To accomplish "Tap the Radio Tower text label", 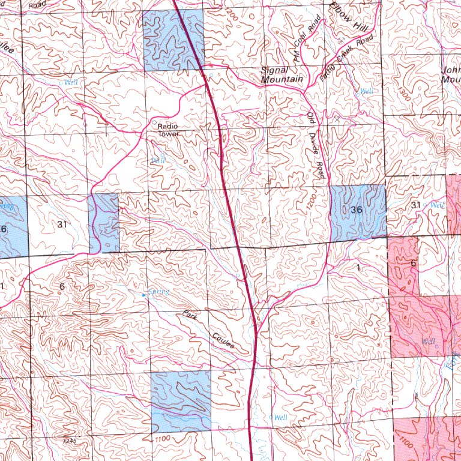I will click(x=169, y=130).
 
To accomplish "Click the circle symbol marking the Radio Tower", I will click(x=155, y=121).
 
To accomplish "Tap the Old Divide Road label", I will click(x=316, y=145).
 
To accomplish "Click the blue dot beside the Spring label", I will click(x=143, y=295).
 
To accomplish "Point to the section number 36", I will click(x=357, y=210).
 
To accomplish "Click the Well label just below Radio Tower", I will click(x=158, y=160).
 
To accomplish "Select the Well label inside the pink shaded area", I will click(x=429, y=342).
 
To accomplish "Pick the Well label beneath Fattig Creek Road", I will click(x=366, y=92).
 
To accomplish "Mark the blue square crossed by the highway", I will click(x=173, y=40).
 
